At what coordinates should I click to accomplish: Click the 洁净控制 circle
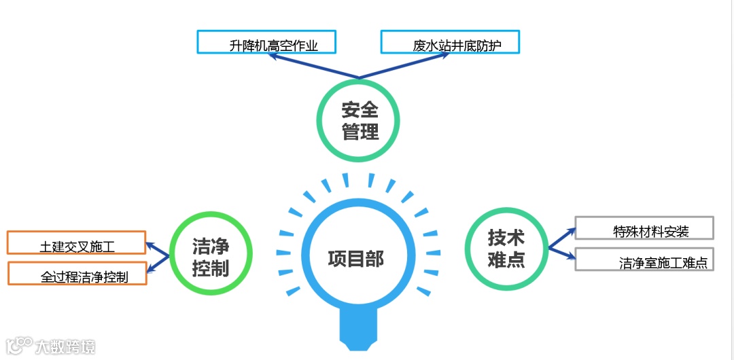coord(210,255)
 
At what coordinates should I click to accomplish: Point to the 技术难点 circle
coord(506,248)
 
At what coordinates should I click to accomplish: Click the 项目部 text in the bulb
coord(355,259)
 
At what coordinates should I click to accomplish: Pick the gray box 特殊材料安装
coord(644,228)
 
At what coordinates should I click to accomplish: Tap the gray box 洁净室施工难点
coord(644,259)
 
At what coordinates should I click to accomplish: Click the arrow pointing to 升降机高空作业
coord(313,67)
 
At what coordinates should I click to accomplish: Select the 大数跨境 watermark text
coord(65,346)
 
